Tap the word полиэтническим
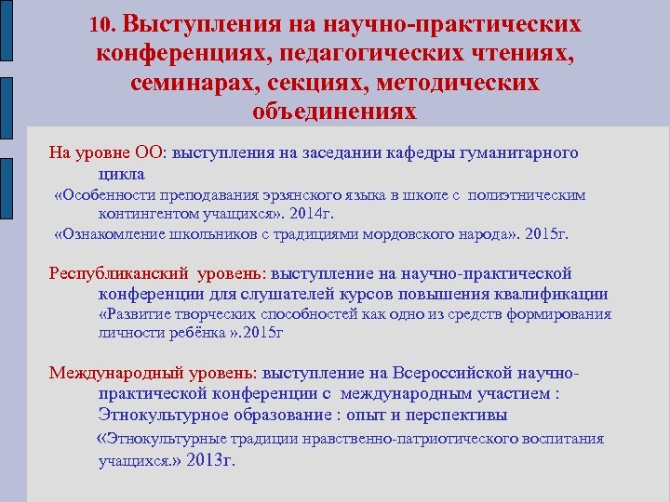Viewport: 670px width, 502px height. coord(527,195)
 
